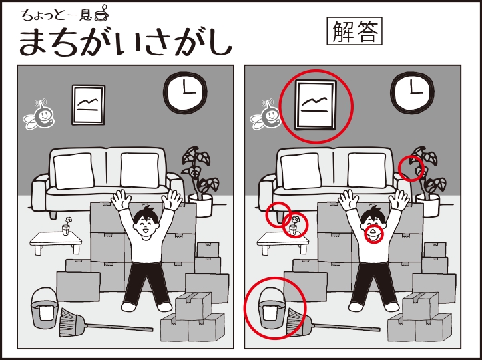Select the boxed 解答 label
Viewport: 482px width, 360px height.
tap(354, 31)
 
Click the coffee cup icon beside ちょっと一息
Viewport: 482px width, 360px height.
tap(101, 14)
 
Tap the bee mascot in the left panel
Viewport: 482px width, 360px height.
tap(39, 114)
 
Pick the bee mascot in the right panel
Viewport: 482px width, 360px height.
tap(266, 114)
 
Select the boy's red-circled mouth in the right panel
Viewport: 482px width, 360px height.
tap(373, 233)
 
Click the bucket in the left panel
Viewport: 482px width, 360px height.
tap(45, 308)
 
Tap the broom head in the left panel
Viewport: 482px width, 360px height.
tap(72, 322)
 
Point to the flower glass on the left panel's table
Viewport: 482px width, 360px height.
tap(67, 226)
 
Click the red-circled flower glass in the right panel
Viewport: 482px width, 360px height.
tap(294, 227)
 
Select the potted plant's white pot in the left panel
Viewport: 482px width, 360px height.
tap(201, 205)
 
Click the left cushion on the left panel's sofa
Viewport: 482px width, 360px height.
tap(74, 170)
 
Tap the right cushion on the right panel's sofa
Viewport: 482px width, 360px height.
tap(367, 170)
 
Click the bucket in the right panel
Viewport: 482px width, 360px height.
tap(272, 308)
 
